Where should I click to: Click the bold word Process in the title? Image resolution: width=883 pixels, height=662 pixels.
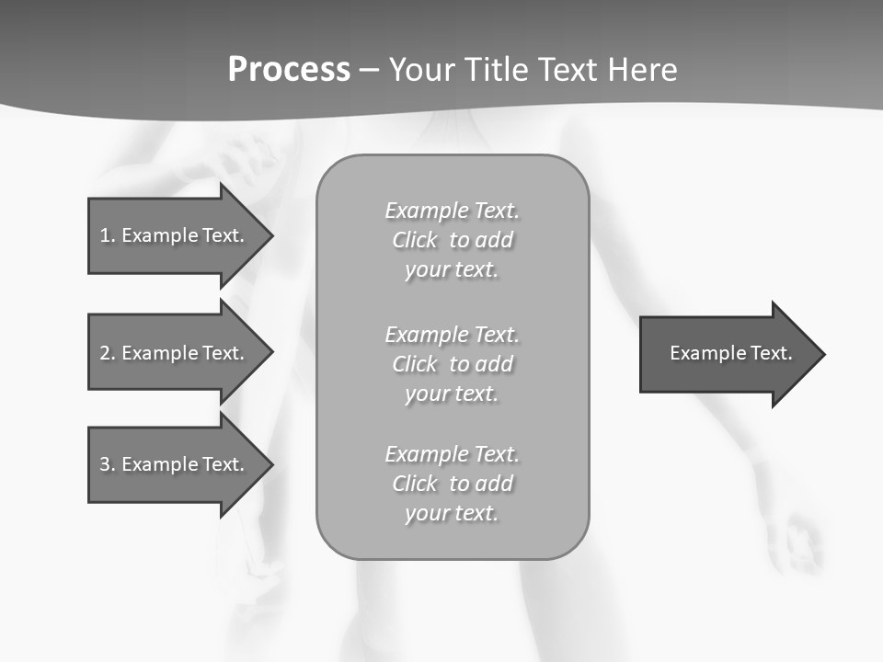289,70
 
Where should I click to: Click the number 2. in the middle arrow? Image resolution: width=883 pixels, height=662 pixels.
107,353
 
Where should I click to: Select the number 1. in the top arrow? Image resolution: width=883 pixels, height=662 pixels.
107,235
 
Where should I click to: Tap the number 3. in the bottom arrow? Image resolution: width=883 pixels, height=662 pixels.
107,464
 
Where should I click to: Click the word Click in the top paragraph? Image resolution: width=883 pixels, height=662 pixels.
415,240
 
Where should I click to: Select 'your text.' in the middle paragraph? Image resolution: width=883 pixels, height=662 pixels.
452,394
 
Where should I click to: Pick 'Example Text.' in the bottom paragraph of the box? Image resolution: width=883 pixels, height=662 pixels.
452,454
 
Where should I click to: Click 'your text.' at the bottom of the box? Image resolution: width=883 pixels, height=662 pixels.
452,513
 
